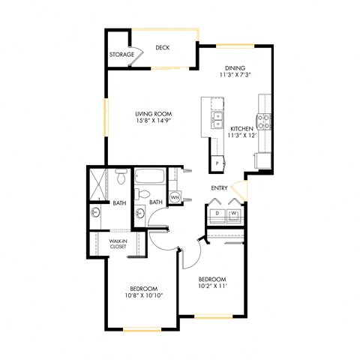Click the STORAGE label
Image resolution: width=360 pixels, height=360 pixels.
[122, 55]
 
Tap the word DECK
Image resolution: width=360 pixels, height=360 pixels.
[163, 48]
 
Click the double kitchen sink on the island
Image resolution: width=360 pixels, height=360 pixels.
[217, 121]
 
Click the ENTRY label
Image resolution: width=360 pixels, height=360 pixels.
[219, 188]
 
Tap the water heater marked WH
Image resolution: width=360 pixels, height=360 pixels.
[175, 198]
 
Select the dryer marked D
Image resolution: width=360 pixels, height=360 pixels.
[216, 213]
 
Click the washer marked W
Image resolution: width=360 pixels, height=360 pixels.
[234, 213]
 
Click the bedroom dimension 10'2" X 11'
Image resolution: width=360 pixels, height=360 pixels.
[212, 285]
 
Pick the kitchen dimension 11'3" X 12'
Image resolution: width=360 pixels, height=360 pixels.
[243, 136]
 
